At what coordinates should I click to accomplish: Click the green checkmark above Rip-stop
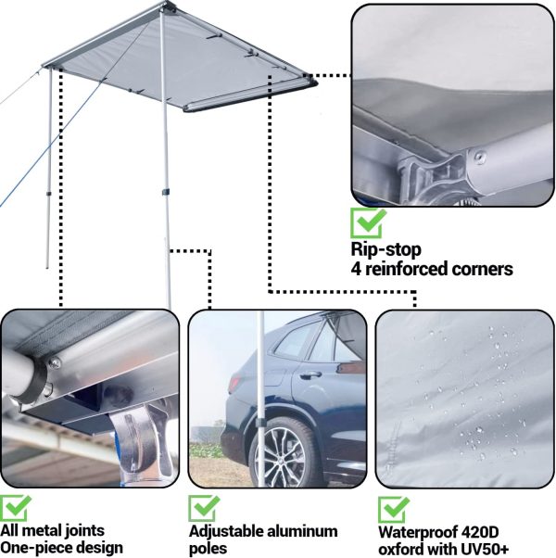point(368,223)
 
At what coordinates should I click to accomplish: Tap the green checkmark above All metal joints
point(15,508)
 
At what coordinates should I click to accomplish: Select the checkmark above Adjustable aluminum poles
point(204,508)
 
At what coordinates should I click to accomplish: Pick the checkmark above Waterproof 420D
point(394,510)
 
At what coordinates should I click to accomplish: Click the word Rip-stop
point(386,249)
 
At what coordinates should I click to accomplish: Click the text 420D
point(480,532)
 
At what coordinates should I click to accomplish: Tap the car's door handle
point(310,374)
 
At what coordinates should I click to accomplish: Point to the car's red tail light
point(234,383)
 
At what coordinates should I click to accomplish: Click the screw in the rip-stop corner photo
point(481,157)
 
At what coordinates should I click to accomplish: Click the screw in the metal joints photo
point(55,362)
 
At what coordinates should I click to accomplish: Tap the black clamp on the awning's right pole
point(165,192)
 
